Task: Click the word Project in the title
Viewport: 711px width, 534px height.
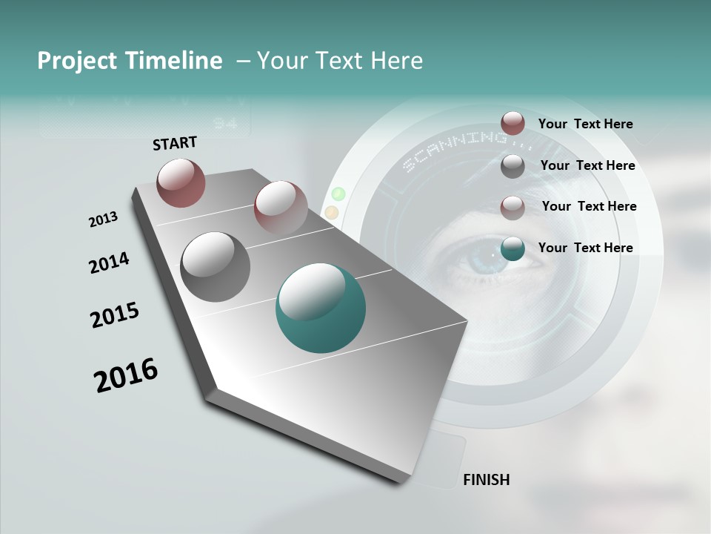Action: click(76, 61)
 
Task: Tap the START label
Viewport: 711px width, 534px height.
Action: click(175, 143)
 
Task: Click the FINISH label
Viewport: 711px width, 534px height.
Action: click(486, 480)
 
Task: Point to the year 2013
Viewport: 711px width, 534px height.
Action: click(103, 220)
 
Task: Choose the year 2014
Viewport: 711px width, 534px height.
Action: click(109, 263)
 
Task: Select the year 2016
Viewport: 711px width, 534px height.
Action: click(126, 375)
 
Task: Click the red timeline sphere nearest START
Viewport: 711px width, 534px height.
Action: click(181, 182)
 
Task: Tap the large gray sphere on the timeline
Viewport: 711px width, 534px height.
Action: click(215, 267)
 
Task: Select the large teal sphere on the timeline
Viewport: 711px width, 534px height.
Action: click(321, 308)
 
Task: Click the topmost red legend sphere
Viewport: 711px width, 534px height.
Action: click(513, 123)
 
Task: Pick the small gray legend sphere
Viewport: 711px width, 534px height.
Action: click(513, 166)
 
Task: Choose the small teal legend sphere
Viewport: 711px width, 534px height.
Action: click(513, 249)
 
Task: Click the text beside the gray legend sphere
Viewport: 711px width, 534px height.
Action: click(587, 165)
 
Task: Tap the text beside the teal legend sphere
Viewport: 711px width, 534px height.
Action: click(585, 248)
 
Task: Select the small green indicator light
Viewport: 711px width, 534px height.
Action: click(338, 194)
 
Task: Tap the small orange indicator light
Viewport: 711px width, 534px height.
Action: click(332, 213)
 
